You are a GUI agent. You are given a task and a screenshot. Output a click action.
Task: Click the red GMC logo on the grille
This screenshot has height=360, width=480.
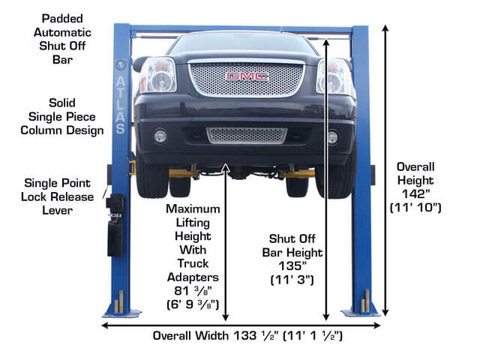(x=247, y=76)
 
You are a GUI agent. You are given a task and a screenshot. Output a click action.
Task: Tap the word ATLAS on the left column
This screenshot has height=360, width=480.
(x=121, y=105)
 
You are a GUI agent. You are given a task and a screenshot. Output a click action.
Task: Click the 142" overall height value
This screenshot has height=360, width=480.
(x=415, y=194)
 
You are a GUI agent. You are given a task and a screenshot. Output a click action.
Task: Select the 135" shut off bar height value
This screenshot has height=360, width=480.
(x=292, y=266)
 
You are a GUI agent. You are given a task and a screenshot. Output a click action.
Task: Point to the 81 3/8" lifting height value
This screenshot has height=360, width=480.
(x=193, y=290)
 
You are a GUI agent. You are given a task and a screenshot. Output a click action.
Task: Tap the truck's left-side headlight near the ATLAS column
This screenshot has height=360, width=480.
(x=158, y=75)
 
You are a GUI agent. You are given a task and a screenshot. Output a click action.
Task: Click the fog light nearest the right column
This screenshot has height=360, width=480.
(x=332, y=136)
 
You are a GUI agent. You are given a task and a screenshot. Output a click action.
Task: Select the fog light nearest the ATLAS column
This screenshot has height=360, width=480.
(x=160, y=136)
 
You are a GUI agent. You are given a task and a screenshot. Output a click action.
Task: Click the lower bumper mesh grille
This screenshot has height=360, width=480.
(x=247, y=136)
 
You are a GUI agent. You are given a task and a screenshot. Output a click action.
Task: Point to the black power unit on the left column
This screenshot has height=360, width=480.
(x=115, y=225)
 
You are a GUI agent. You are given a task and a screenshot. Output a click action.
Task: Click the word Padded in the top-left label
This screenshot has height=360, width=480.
(x=62, y=19)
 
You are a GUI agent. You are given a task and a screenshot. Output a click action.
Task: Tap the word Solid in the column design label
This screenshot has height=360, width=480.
(x=61, y=103)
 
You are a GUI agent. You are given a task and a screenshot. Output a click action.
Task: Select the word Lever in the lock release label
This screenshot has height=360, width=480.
(x=57, y=210)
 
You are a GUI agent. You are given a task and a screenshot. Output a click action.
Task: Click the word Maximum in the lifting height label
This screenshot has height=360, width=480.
(x=193, y=208)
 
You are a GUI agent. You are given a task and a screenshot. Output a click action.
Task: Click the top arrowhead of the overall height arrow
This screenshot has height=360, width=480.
(x=385, y=28)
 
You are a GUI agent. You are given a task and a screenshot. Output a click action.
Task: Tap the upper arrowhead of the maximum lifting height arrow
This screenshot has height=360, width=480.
(x=226, y=166)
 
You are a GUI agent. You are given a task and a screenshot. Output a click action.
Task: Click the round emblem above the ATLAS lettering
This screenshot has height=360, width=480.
(x=121, y=65)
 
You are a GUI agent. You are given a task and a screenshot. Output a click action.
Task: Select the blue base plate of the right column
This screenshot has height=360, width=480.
(x=360, y=313)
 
